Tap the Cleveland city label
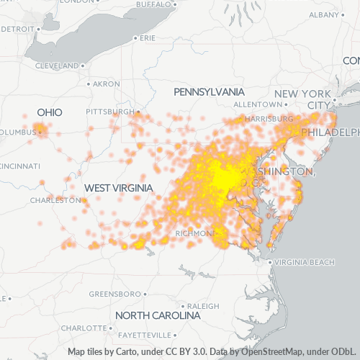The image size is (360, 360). click(x=55, y=65)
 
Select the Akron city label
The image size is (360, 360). click(x=106, y=84)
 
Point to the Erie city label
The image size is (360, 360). click(x=148, y=37)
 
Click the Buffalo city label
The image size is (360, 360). click(x=153, y=4)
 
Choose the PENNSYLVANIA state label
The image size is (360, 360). click(x=209, y=92)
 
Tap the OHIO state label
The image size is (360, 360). click(x=50, y=112)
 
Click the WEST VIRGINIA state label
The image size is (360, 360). click(x=118, y=188)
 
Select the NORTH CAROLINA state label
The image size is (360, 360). click(x=158, y=315)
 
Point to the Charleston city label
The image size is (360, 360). click(x=54, y=199)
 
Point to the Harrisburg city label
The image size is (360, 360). click(x=266, y=118)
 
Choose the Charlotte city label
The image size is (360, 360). click(x=84, y=328)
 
